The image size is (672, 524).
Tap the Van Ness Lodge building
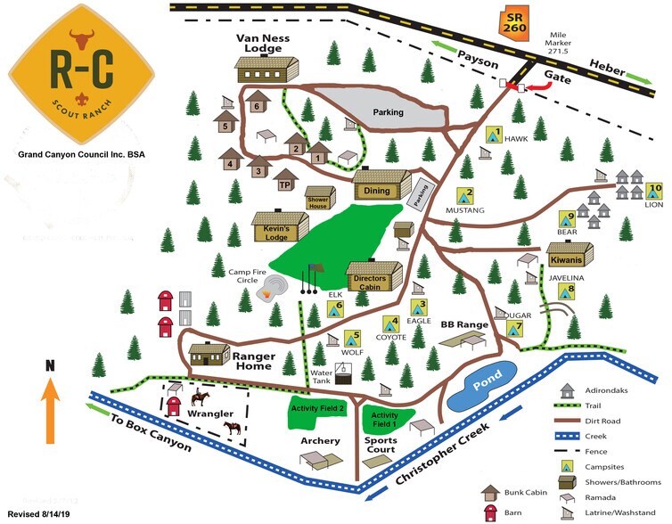click(x=266, y=68)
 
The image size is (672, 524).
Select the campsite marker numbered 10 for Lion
click(x=655, y=192)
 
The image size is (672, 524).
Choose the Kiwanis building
click(x=565, y=255)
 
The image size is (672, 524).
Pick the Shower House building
click(x=319, y=197)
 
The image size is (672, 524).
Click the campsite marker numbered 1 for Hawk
click(x=492, y=135)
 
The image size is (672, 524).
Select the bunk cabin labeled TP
click(x=286, y=179)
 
